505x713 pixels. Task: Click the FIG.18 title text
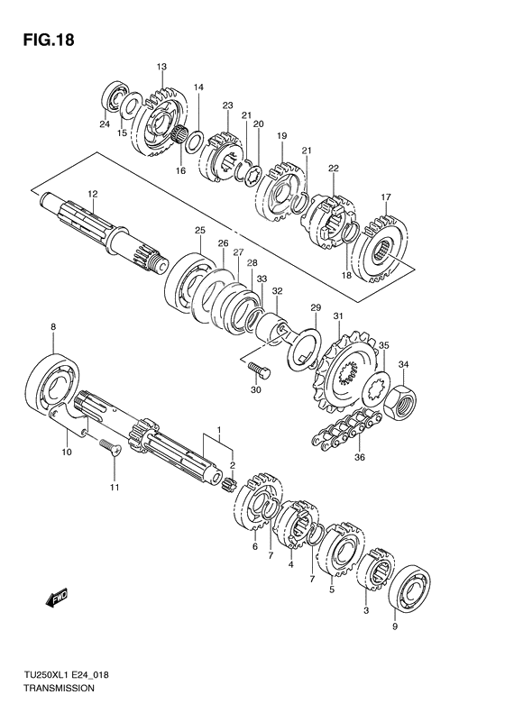[x=49, y=40]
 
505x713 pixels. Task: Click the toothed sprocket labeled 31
[x=345, y=371]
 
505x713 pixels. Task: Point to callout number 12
[x=92, y=194]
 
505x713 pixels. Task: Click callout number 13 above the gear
[x=161, y=67]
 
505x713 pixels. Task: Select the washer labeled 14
[x=195, y=142]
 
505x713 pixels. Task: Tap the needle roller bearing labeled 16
[x=179, y=139]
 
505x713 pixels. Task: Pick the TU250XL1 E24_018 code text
[x=67, y=675]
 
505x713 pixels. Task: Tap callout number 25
[x=200, y=230]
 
